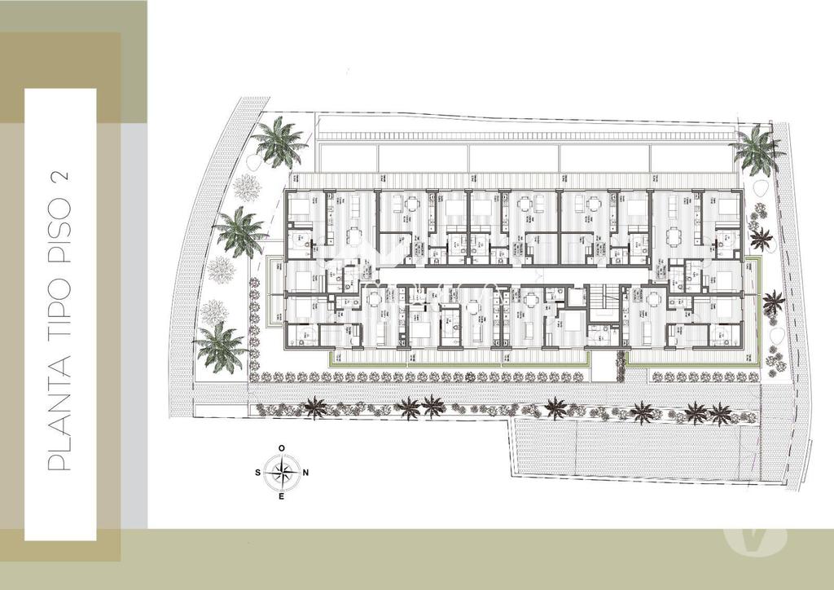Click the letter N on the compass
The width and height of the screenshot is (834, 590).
point(305,472)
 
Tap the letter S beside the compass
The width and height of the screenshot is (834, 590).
point(258,472)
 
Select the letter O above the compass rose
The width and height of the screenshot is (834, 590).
point(282,448)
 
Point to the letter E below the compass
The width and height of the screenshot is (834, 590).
point(282,495)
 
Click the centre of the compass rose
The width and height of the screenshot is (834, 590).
point(282,472)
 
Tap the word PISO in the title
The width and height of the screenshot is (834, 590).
point(60,237)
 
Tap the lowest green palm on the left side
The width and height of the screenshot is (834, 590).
point(221,346)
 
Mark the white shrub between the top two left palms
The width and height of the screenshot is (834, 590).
point(245,186)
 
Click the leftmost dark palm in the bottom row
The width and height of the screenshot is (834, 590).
point(314,407)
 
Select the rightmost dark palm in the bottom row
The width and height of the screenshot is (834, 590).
point(720,413)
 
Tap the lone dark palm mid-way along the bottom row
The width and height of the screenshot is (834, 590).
point(556,407)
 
